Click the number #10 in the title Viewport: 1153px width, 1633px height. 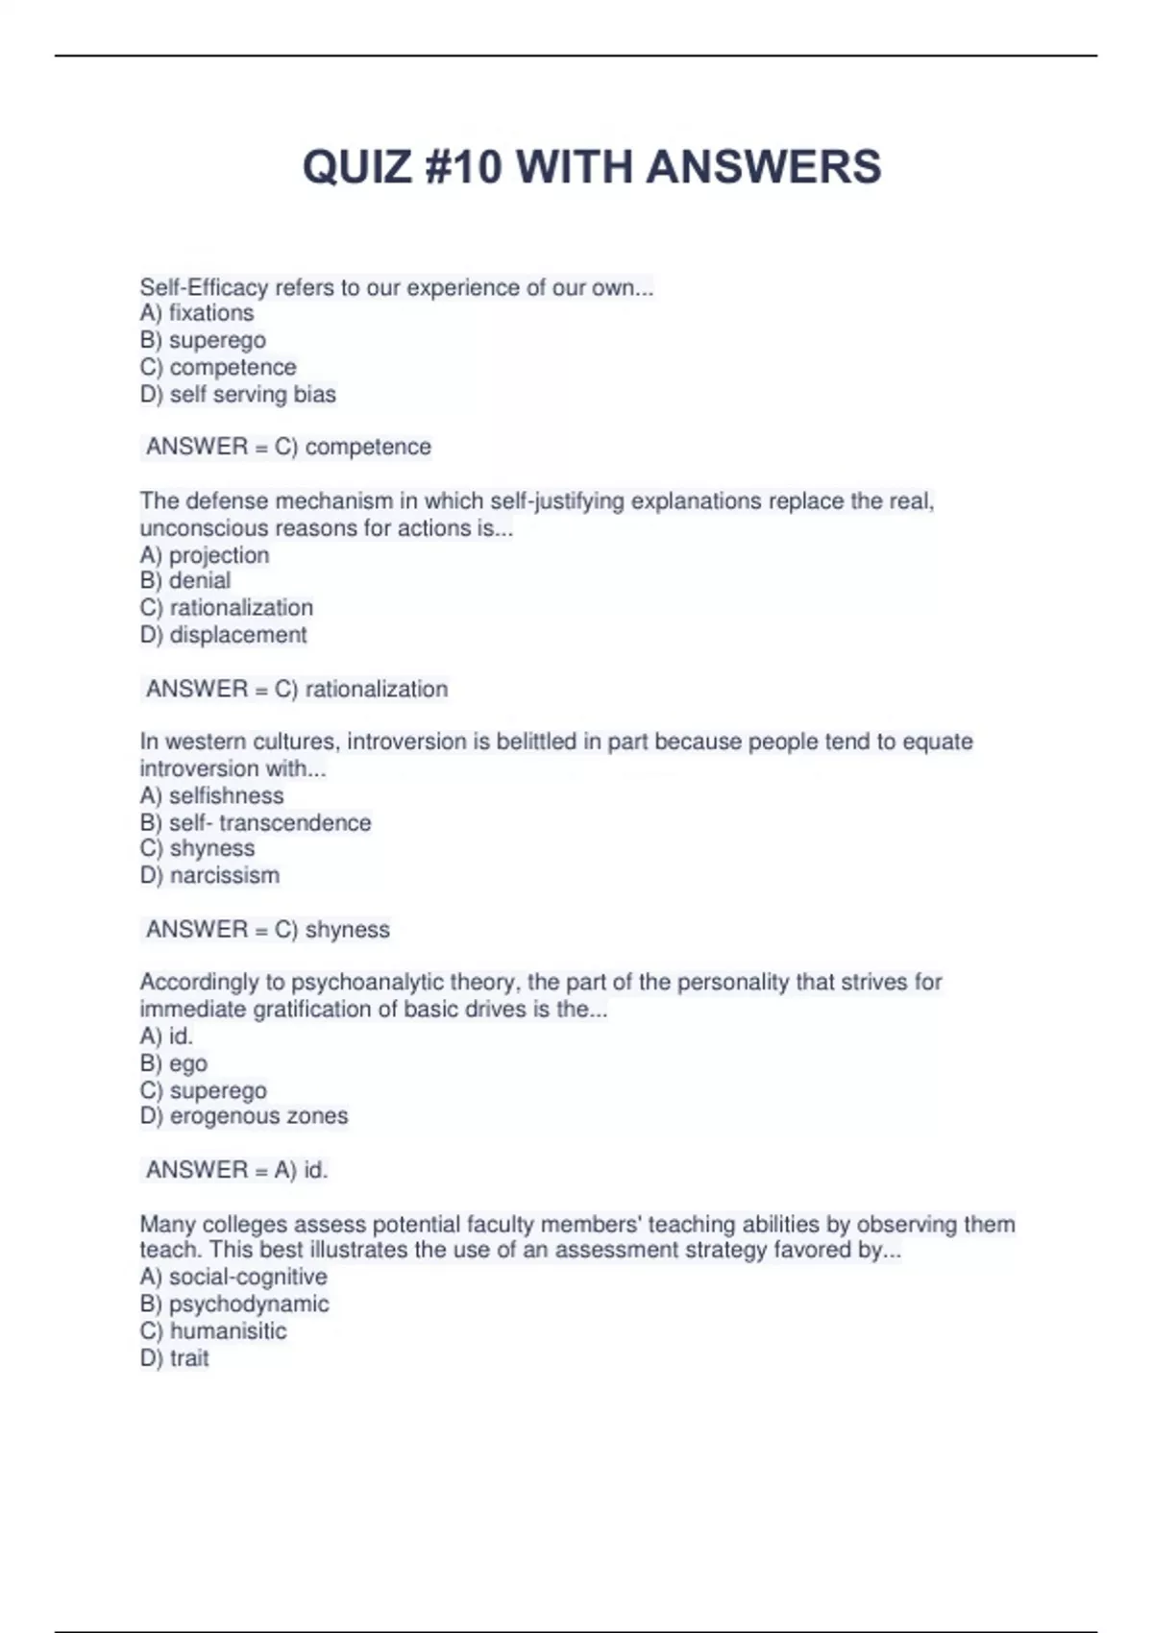[x=460, y=167]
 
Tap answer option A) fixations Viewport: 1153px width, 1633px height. [x=197, y=313]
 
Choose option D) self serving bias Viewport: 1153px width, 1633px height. [x=238, y=394]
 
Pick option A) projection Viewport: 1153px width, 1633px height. [x=205, y=555]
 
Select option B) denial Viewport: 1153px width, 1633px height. [x=185, y=580]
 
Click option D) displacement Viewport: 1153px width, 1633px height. [x=224, y=635]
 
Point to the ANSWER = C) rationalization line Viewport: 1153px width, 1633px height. [x=297, y=689]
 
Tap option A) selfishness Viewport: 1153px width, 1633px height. [x=212, y=795]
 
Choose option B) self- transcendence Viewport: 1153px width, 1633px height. [x=256, y=822]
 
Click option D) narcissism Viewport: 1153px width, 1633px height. [x=210, y=875]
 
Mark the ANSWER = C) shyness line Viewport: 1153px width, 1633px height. [x=268, y=929]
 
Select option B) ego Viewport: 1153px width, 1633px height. [x=174, y=1063]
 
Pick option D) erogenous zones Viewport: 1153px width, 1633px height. [x=244, y=1116]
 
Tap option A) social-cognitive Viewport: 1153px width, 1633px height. [x=233, y=1277]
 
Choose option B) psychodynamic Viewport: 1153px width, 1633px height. [x=234, y=1304]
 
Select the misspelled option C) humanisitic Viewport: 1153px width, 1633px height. [x=213, y=1330]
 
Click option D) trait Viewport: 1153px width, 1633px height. [x=175, y=1357]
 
